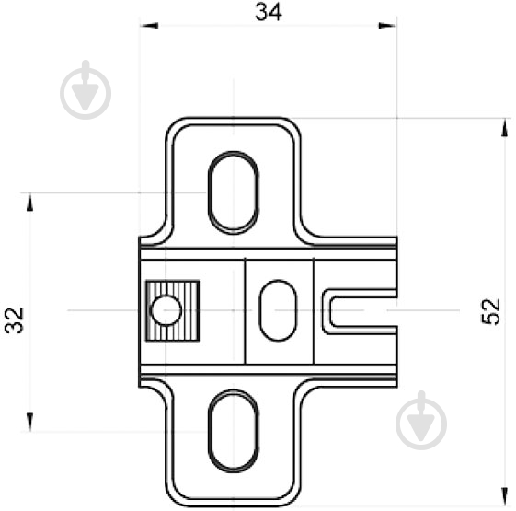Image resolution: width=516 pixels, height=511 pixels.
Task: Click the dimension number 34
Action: tap(269, 12)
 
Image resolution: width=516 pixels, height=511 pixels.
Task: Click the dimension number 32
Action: tap(15, 320)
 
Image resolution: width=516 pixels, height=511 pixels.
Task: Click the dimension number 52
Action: tap(490, 311)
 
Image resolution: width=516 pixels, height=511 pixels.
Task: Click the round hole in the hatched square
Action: tap(166, 310)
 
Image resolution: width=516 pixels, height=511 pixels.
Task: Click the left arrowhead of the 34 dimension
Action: tap(149, 26)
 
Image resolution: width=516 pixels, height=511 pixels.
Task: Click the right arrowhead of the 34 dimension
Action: tap(387, 26)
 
